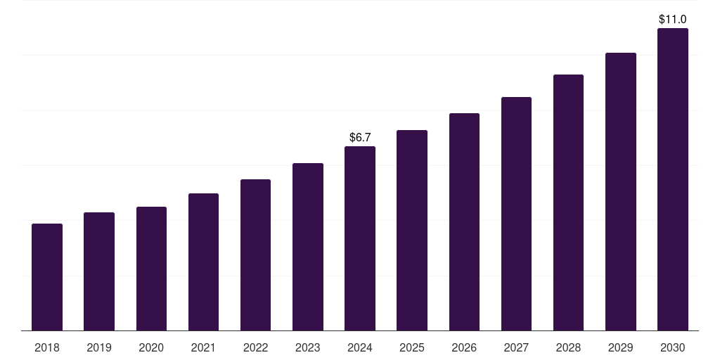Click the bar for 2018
47,277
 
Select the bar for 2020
151,269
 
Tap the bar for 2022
255,255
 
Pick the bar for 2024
360,238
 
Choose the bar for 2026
464,221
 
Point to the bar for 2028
568,202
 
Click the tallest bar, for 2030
673,179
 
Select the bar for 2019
99,271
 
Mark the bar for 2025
412,230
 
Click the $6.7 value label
360,137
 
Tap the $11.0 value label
673,20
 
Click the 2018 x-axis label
47,347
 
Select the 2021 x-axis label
203,347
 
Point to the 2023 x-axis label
308,347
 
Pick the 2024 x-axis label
360,347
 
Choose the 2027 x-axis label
516,347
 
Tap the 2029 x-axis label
621,347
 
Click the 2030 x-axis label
673,347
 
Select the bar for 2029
621,191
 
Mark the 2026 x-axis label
464,347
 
